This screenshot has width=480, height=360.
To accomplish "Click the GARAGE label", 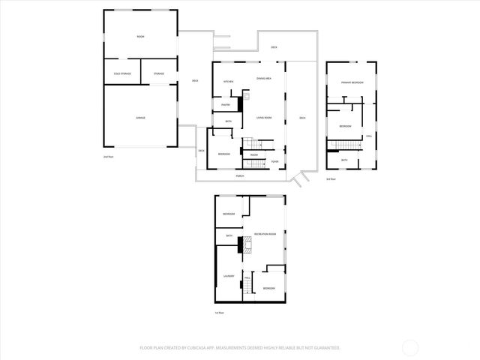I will pos(140,118).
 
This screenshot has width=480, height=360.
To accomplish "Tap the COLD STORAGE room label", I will pos(122,73).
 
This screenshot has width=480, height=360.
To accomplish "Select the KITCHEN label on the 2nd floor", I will pos(229,81).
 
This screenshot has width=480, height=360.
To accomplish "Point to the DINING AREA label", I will pos(263,78).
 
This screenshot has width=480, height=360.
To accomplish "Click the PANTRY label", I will pos(226,105).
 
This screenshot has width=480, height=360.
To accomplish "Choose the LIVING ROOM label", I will pos(263,118).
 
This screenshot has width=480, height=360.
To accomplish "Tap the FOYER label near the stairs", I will pos(274,161).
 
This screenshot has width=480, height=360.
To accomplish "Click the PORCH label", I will pos(240,176).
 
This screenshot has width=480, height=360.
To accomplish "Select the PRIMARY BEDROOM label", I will pos(352,82).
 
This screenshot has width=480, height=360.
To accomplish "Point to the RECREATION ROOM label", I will pos(265,235).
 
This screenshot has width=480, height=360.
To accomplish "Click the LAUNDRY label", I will pos(229,277).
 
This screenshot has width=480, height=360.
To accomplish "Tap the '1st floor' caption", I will pos(220,312).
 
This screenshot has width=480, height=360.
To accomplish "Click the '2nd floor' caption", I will pos(107,157).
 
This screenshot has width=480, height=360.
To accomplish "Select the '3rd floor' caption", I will pos(331,179).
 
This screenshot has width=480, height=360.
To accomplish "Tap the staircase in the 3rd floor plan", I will pos(350,145).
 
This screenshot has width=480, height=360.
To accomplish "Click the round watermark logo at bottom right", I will pos(410,347).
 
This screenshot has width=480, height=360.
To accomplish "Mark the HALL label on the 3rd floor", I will pos(369,136).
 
